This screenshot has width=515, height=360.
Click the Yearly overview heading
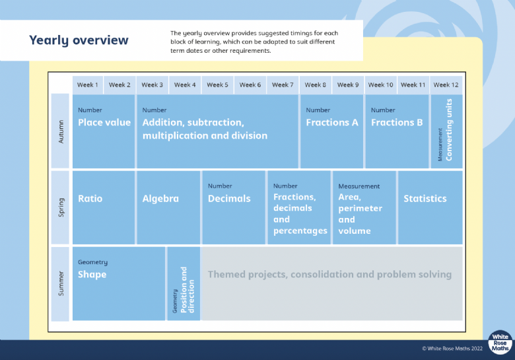[x=79, y=40]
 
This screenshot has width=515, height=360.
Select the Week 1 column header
[x=88, y=85]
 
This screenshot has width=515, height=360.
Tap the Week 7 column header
[x=283, y=85]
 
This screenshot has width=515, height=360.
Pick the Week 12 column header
[x=446, y=85]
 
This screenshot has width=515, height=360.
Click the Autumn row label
[x=61, y=131]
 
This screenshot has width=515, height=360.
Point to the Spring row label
[x=61, y=207]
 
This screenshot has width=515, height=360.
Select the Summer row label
[x=61, y=283]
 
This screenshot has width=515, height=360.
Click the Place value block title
[x=104, y=122]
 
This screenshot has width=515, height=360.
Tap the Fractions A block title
[x=331, y=122]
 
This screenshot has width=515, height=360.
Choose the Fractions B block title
[x=397, y=122]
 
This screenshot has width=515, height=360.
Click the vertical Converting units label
[x=449, y=129]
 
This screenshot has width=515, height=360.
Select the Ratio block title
[x=90, y=198]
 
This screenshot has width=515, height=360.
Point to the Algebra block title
[x=160, y=199]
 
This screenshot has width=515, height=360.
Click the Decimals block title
[x=229, y=198]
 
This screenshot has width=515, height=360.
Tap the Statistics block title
[x=425, y=198]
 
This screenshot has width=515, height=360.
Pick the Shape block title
[x=92, y=275]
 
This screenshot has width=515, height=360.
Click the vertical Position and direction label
[x=188, y=290]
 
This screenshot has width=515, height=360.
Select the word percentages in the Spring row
[x=300, y=231]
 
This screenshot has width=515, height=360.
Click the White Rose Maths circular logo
[x=500, y=342]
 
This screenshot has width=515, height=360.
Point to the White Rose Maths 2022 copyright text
[x=452, y=349]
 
